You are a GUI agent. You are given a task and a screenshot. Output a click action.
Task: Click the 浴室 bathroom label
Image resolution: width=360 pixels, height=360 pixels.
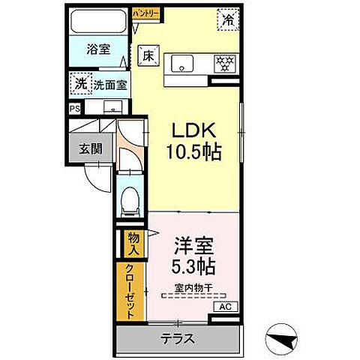tap(98, 49)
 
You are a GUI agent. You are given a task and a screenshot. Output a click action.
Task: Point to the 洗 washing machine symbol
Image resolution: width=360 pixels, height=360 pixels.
tap(80, 84)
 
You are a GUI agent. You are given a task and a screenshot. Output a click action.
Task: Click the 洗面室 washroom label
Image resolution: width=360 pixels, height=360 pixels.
tap(110, 85)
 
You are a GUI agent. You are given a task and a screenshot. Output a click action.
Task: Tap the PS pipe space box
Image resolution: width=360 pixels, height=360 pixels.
tap(74, 108)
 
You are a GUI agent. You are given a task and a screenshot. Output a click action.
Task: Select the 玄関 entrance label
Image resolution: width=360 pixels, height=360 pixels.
tap(91, 148)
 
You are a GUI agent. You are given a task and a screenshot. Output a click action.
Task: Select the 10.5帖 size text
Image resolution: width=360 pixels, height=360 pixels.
tap(193, 152)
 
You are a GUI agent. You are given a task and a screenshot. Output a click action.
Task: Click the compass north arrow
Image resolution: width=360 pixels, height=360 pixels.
tap(285, 341)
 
